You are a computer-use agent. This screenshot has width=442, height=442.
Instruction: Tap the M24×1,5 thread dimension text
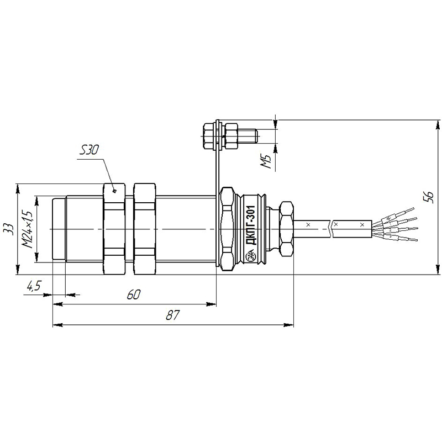(28, 229)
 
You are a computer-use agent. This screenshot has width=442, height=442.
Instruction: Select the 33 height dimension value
(9, 229)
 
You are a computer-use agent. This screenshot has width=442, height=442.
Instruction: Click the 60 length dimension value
(133, 295)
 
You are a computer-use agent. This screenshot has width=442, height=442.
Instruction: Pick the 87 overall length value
(173, 315)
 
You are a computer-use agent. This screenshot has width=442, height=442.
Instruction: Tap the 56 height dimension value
(428, 197)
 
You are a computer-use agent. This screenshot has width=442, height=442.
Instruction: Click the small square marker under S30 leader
(114, 191)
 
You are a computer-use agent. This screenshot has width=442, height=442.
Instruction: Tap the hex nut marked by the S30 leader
(114, 229)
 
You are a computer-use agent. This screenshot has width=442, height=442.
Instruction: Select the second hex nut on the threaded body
(144, 229)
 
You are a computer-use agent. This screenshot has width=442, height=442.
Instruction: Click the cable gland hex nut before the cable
(287, 229)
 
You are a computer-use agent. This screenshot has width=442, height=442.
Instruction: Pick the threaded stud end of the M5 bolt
(248, 135)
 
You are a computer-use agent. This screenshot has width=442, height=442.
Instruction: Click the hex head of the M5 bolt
(209, 135)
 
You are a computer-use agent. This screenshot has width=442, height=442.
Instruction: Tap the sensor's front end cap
(59, 229)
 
